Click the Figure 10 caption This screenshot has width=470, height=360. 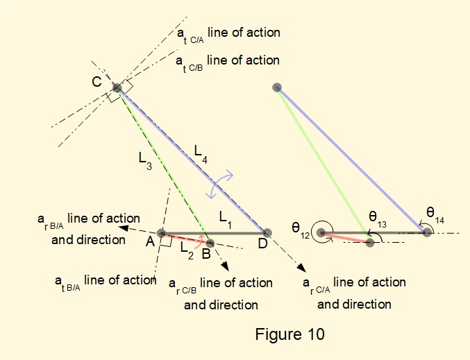tap(289, 334)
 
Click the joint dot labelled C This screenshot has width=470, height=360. tap(117, 87)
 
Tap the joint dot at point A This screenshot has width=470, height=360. tap(161, 234)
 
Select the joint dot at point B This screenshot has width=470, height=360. tap(210, 243)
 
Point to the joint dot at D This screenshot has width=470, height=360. tap(267, 233)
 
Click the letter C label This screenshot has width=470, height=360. tap(97, 82)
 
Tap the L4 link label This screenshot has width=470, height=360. tap(200, 151)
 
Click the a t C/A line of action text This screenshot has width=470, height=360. tap(228, 33)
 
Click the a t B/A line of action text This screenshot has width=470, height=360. tap(105, 280)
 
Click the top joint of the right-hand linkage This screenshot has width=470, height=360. tap(277, 87)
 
